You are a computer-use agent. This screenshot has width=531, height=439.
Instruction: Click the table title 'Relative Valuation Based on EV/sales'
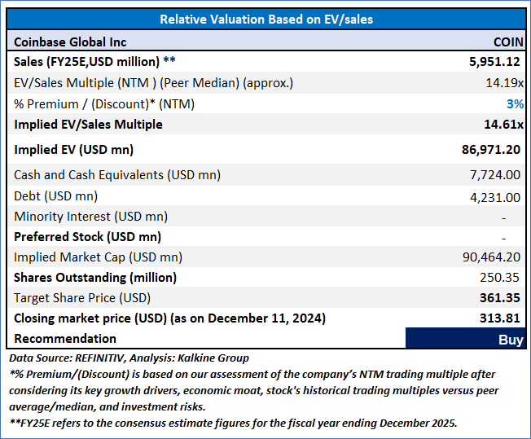coord(266,20)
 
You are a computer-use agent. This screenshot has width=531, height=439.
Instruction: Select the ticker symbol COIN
coord(508,42)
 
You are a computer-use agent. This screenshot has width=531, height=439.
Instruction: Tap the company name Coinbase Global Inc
coord(71,42)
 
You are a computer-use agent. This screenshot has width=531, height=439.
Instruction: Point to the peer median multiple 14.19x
coord(504,83)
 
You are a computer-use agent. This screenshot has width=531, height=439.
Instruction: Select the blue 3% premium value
coord(515,104)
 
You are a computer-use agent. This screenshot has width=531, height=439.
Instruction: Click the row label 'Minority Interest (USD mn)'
coord(91,217)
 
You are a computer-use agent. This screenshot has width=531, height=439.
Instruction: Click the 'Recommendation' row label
coord(65,339)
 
